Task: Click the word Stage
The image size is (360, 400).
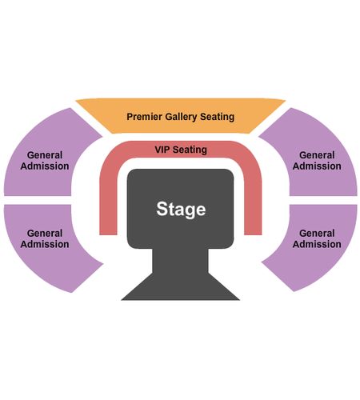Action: pos(181,210)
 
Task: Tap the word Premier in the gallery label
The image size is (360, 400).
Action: pos(144,117)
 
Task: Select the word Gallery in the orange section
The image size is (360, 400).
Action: pos(181,117)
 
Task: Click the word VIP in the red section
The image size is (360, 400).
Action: pos(162,150)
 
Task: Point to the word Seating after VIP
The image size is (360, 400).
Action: pos(190,150)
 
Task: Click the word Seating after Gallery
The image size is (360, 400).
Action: pos(218,117)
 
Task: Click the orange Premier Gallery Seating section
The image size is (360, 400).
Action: pos(181,116)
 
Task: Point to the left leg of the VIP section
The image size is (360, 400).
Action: pos(108,202)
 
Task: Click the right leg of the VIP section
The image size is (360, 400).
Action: pos(253,202)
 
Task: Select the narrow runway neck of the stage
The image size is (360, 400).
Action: pos(180,261)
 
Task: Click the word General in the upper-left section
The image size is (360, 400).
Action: pos(45,155)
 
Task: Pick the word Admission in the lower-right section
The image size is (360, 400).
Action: pos(317,244)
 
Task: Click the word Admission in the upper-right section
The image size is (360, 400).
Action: pos(317,166)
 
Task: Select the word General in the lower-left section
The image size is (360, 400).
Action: pos(45,233)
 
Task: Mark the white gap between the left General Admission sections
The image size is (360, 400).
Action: pos(38,200)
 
